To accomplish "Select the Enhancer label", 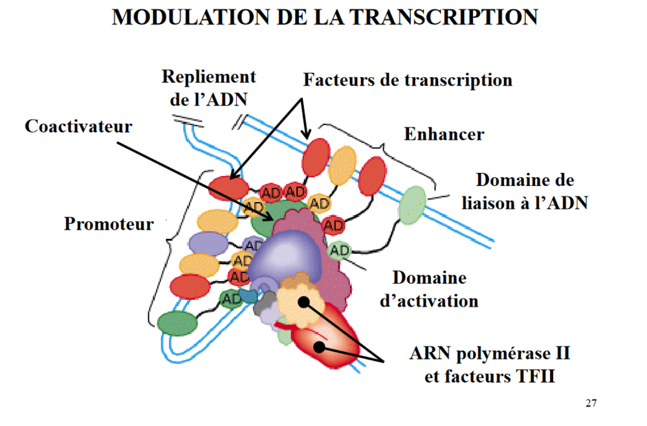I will click(444, 134).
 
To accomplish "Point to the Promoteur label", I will click(109, 224).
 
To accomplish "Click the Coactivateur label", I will click(78, 126).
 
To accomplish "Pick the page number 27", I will click(591, 403).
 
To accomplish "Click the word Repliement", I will click(208, 76).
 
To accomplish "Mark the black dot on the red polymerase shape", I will click(318, 346).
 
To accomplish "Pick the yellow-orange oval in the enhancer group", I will click(342, 166).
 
